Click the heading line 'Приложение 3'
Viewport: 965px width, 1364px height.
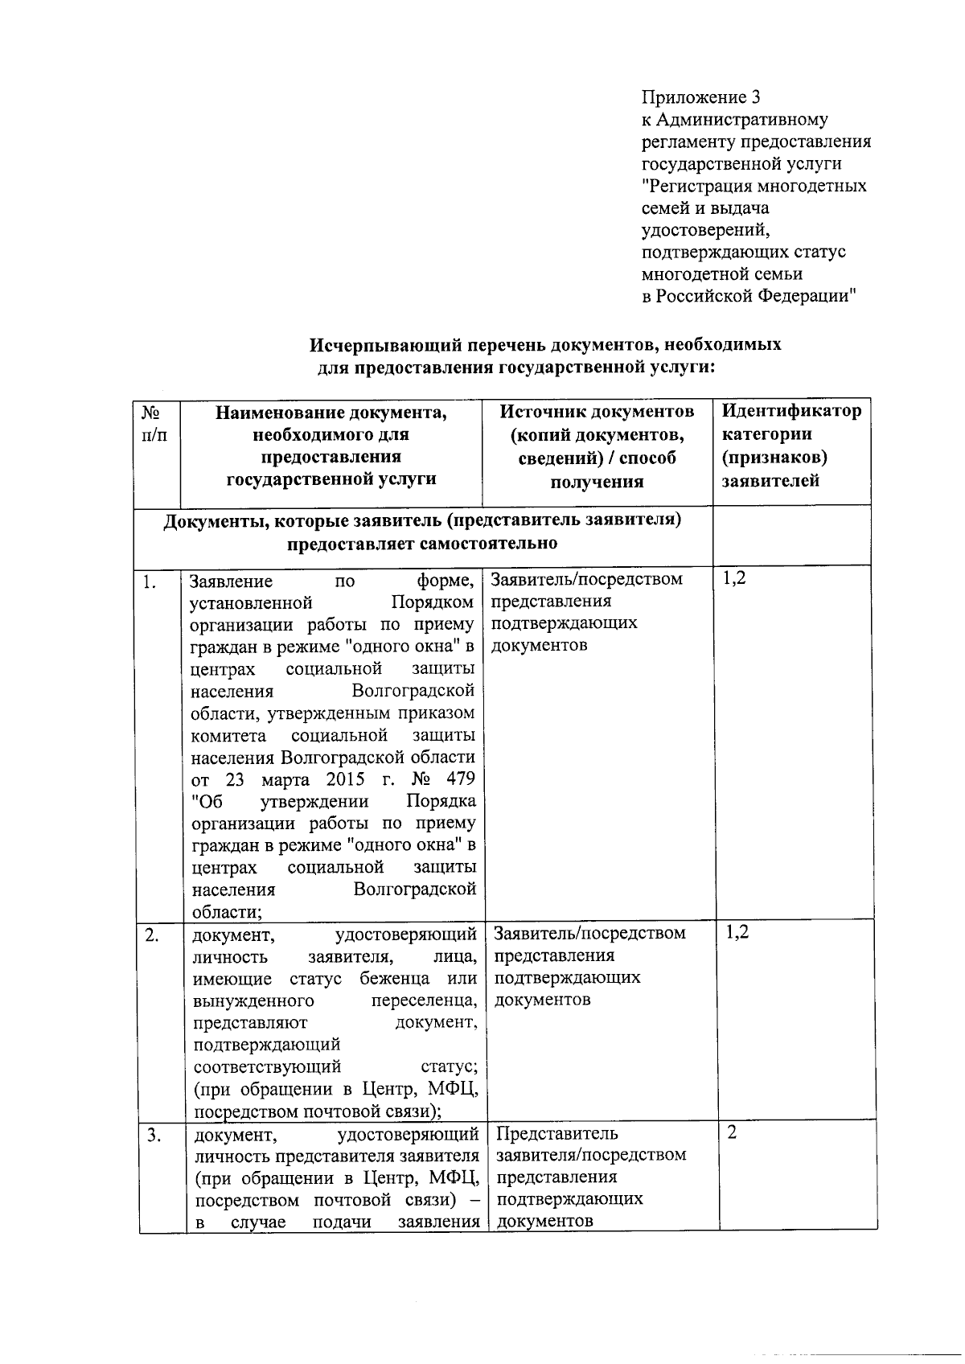click(x=700, y=98)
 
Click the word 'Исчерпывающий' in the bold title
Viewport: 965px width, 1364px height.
click(x=371, y=346)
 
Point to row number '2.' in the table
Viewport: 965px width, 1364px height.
click(x=151, y=935)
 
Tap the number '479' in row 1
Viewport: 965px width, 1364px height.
click(x=459, y=779)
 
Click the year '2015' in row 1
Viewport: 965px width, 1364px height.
click(x=346, y=779)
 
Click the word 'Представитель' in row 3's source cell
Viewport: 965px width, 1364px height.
click(x=557, y=1134)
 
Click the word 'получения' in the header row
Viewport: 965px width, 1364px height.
click(x=597, y=483)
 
